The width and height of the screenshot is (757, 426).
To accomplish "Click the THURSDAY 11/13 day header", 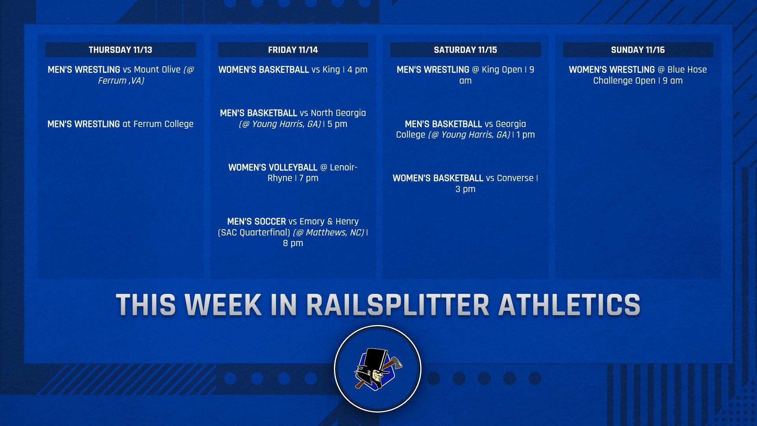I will tap(120, 50).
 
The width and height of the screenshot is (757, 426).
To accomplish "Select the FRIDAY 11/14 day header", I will tap(293, 50).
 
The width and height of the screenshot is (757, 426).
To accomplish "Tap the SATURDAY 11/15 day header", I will tap(465, 50).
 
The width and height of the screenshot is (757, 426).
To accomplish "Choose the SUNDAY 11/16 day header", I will tap(638, 50).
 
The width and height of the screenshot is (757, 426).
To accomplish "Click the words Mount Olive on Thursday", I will tap(157, 70).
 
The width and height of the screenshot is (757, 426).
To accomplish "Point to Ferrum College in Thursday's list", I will tap(163, 124).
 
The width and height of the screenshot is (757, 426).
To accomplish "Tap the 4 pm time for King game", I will tap(357, 70).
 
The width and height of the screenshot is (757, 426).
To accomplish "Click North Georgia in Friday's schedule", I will tap(338, 113).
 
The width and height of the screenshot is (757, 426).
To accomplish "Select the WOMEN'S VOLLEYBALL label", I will tap(272, 167).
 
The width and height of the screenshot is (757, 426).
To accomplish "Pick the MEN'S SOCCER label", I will tap(256, 222).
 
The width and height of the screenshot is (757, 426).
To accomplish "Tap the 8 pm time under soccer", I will tap(293, 243).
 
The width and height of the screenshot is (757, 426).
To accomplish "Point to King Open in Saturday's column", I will tap(502, 70).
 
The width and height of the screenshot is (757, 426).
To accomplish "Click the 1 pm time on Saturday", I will tap(526, 135).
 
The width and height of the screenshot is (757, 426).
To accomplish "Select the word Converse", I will tap(515, 178).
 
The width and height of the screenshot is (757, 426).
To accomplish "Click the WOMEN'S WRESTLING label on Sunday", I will tap(612, 70).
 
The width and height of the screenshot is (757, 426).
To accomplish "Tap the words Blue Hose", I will tap(687, 70).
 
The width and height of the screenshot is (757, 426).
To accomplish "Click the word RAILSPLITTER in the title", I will tap(397, 305).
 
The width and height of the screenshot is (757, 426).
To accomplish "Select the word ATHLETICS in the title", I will tap(569, 305).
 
